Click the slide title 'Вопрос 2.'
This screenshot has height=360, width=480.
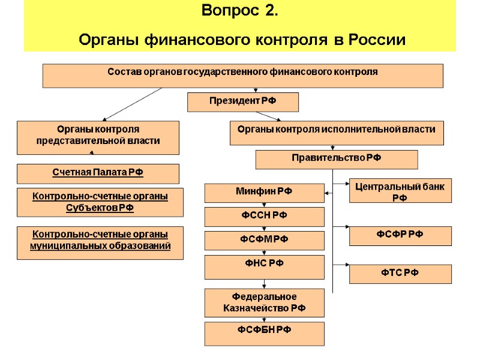[240, 11]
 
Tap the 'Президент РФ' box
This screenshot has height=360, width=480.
[243, 101]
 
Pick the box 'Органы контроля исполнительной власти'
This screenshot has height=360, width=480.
[337, 133]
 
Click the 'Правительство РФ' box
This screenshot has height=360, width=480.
[337, 160]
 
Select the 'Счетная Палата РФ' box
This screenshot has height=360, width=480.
[98, 173]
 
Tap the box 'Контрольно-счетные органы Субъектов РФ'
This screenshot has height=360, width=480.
[100, 203]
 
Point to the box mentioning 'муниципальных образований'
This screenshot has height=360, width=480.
[100, 242]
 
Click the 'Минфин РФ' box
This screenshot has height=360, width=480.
[265, 193]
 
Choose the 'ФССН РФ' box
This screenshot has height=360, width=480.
[265, 217]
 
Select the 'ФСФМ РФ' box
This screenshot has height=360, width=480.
[265, 241]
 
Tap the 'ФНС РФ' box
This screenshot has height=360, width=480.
[265, 265]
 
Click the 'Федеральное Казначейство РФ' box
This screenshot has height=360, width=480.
[265, 303]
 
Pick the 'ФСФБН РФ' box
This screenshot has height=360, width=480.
[265, 333]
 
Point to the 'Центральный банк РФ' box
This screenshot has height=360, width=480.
[400, 193]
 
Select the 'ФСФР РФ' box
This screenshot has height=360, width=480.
[400, 236]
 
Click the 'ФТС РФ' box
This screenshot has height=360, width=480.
[400, 274]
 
